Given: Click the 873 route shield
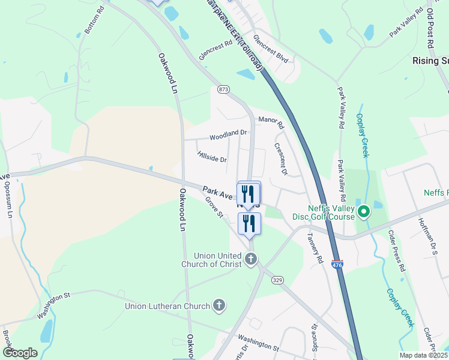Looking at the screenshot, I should point(224,89).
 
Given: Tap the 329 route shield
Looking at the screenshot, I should point(277,280).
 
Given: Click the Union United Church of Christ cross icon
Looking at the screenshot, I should point(251,260).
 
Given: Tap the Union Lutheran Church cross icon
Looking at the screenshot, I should point(219,306).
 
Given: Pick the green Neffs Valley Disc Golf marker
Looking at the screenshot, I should point(363,212).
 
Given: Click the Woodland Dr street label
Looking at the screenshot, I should point(228,133).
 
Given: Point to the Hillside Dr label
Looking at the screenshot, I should point(212,157).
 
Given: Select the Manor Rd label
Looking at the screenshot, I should point(271,122).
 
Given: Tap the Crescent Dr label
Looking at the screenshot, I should point(280,159).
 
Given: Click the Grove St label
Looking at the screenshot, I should point(213,207).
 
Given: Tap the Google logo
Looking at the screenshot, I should point(20,353).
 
